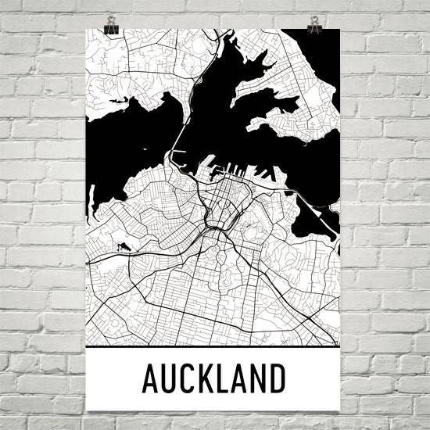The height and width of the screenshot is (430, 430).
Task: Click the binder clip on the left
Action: pyautogui.click(x=111, y=26)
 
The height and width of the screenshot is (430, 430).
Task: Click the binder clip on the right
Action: pyautogui.click(x=315, y=25)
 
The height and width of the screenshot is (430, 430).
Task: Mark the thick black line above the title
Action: pyautogui.click(x=214, y=346)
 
